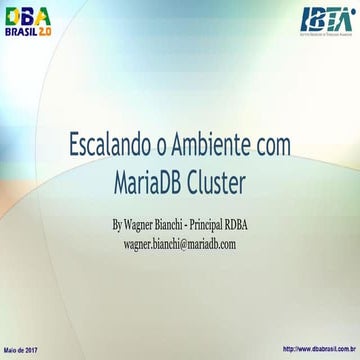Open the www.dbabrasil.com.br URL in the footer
321,349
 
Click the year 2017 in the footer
31,349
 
